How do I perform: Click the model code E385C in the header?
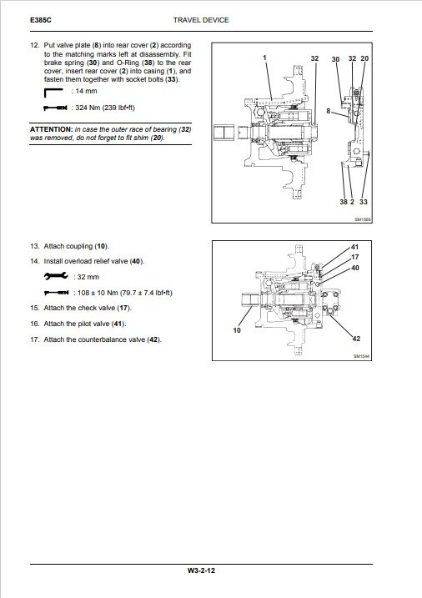(40, 20)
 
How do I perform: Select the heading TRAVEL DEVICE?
(201, 20)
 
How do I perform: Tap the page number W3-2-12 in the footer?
(201, 570)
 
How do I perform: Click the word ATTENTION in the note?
(51, 129)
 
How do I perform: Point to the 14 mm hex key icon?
(53, 93)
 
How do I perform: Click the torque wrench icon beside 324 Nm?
(56, 108)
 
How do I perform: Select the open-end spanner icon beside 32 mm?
(56, 276)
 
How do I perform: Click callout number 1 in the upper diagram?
(264, 58)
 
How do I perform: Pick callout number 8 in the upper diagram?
(329, 111)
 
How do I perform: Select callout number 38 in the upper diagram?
(344, 202)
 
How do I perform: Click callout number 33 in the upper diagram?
(364, 202)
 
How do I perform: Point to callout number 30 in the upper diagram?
(335, 59)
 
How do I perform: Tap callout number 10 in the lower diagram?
(237, 330)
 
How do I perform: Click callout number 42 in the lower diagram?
(356, 339)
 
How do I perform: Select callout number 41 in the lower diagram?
(355, 247)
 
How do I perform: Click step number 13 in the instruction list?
(34, 246)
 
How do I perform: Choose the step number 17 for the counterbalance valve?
(34, 339)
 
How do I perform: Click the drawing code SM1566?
(363, 219)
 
